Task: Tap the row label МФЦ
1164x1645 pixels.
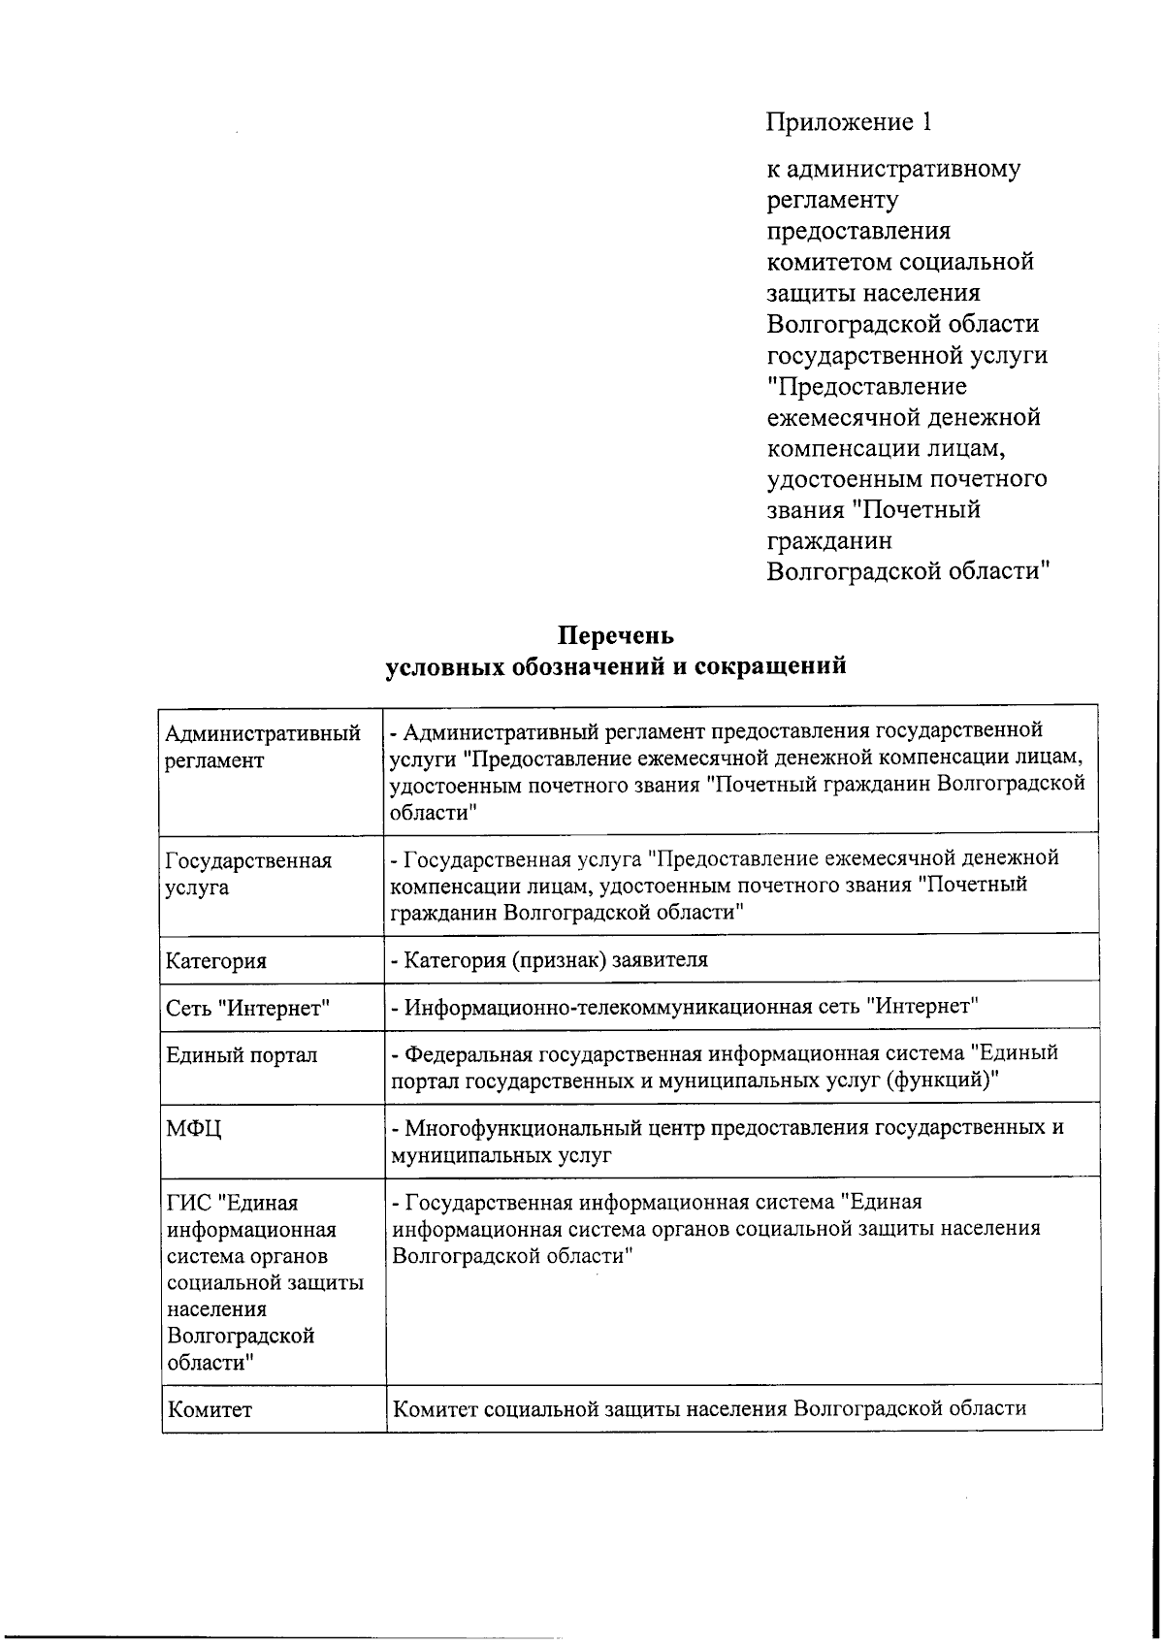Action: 194,1129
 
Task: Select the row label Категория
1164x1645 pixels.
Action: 216,961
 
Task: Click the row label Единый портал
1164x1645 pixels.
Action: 242,1055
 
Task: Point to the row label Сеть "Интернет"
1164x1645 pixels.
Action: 248,1009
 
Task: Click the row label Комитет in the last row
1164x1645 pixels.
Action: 210,1409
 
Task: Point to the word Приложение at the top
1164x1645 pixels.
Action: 841,123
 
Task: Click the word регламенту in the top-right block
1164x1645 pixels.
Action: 832,201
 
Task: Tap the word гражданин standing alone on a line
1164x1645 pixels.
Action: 829,541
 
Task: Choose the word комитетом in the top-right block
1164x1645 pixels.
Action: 829,262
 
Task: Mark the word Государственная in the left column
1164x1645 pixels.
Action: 249,861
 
